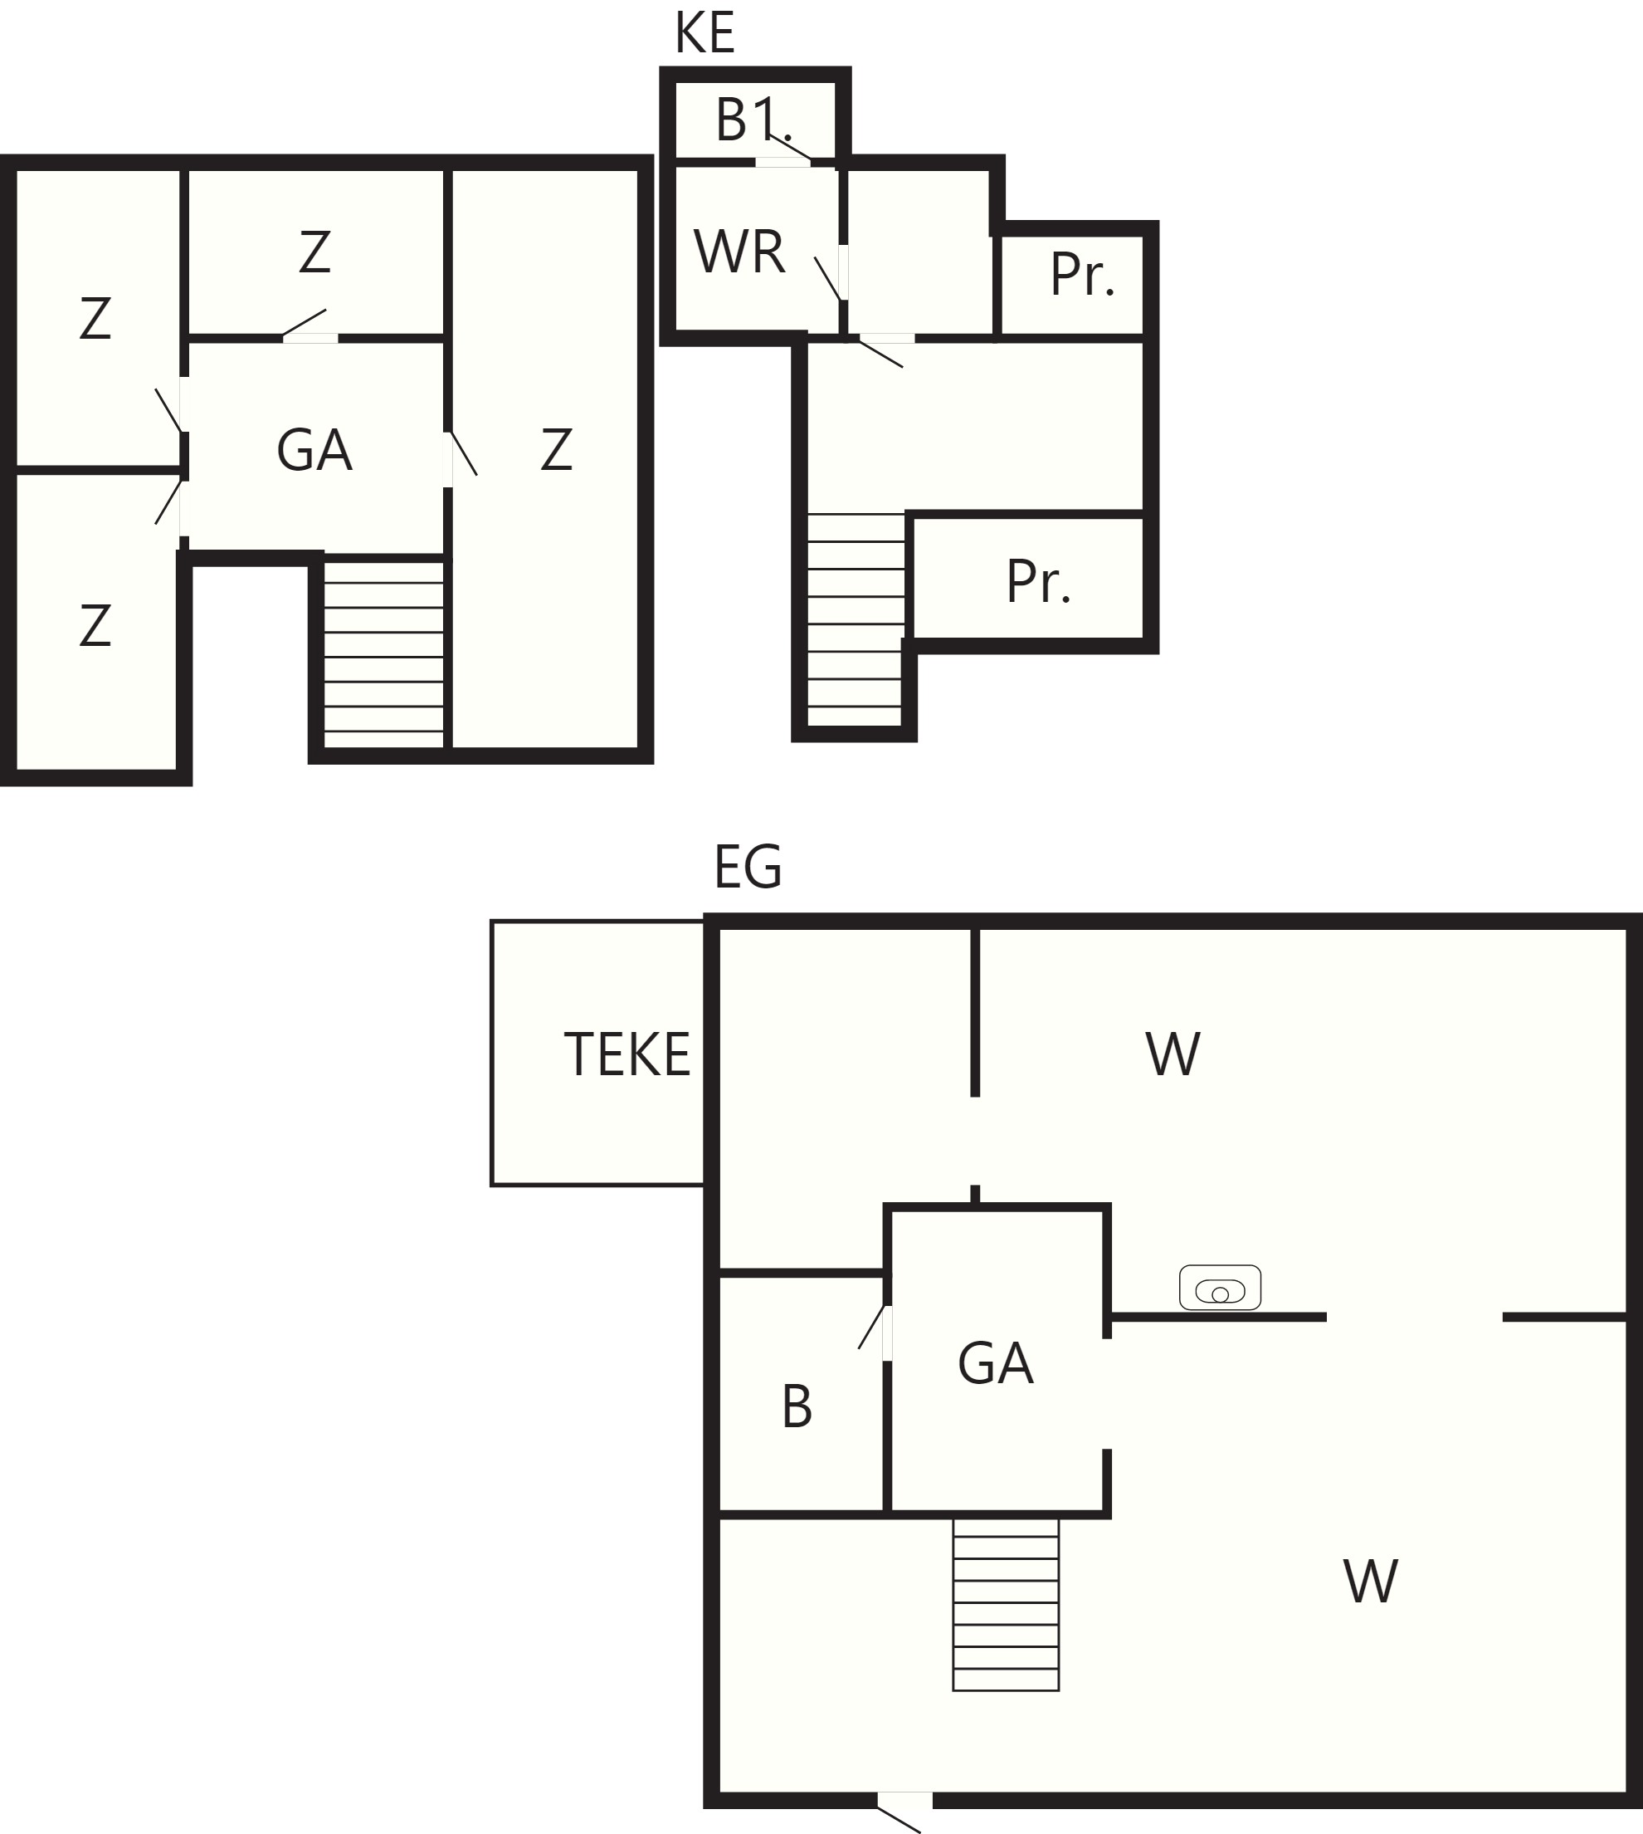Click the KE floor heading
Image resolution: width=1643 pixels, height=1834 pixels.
tap(705, 34)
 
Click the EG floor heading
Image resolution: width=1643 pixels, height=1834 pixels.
tap(748, 867)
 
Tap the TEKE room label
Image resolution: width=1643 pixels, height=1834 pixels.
tap(627, 1054)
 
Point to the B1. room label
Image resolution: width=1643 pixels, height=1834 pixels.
tap(753, 120)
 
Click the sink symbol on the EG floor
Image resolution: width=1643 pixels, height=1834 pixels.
tap(1220, 1288)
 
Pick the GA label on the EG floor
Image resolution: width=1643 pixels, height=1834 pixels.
tap(996, 1363)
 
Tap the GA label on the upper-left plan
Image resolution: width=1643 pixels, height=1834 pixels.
tap(314, 451)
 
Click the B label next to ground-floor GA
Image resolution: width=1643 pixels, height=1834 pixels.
tap(797, 1407)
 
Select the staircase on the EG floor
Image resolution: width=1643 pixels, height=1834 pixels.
tap(1006, 1605)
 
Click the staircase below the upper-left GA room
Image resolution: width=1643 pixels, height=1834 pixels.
tap(383, 655)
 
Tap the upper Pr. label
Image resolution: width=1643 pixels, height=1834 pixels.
tap(1082, 275)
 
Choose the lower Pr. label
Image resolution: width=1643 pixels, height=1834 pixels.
tap(1038, 583)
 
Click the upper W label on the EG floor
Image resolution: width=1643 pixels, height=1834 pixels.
tap(1173, 1054)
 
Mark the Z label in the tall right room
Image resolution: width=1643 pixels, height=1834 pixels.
tap(556, 450)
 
